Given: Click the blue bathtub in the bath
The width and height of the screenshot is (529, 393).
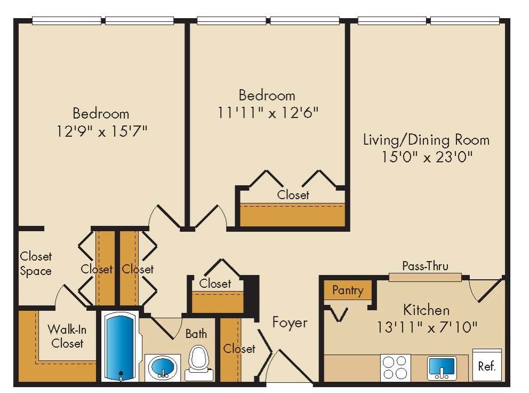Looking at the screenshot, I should pyautogui.click(x=121, y=346).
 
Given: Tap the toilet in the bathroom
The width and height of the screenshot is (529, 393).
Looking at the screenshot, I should pyautogui.click(x=198, y=363).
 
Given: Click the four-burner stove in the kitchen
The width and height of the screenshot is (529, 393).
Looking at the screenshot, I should pyautogui.click(x=395, y=368).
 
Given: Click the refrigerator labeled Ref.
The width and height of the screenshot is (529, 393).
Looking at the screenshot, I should pyautogui.click(x=487, y=366).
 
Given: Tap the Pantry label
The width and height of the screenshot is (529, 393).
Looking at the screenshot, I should pyautogui.click(x=348, y=290).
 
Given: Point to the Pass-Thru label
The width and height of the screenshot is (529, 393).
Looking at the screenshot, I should pyautogui.click(x=425, y=266).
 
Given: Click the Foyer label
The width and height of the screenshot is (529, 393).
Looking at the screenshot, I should pyautogui.click(x=290, y=323).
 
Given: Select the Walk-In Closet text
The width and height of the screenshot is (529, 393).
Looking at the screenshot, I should pyautogui.click(x=67, y=336).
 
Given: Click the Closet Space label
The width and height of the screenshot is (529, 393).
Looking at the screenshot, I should pyautogui.click(x=36, y=264).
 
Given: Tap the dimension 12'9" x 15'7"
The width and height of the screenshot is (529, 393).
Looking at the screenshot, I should pyautogui.click(x=101, y=131).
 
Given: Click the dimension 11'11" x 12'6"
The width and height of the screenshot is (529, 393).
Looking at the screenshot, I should pyautogui.click(x=267, y=113).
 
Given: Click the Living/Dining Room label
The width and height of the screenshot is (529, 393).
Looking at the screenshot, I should pyautogui.click(x=426, y=140).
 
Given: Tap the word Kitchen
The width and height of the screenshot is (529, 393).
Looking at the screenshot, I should pyautogui.click(x=426, y=309).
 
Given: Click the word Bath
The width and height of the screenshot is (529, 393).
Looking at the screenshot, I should pyautogui.click(x=196, y=334).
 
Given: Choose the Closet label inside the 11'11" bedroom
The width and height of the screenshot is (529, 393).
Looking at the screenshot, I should pyautogui.click(x=293, y=195).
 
